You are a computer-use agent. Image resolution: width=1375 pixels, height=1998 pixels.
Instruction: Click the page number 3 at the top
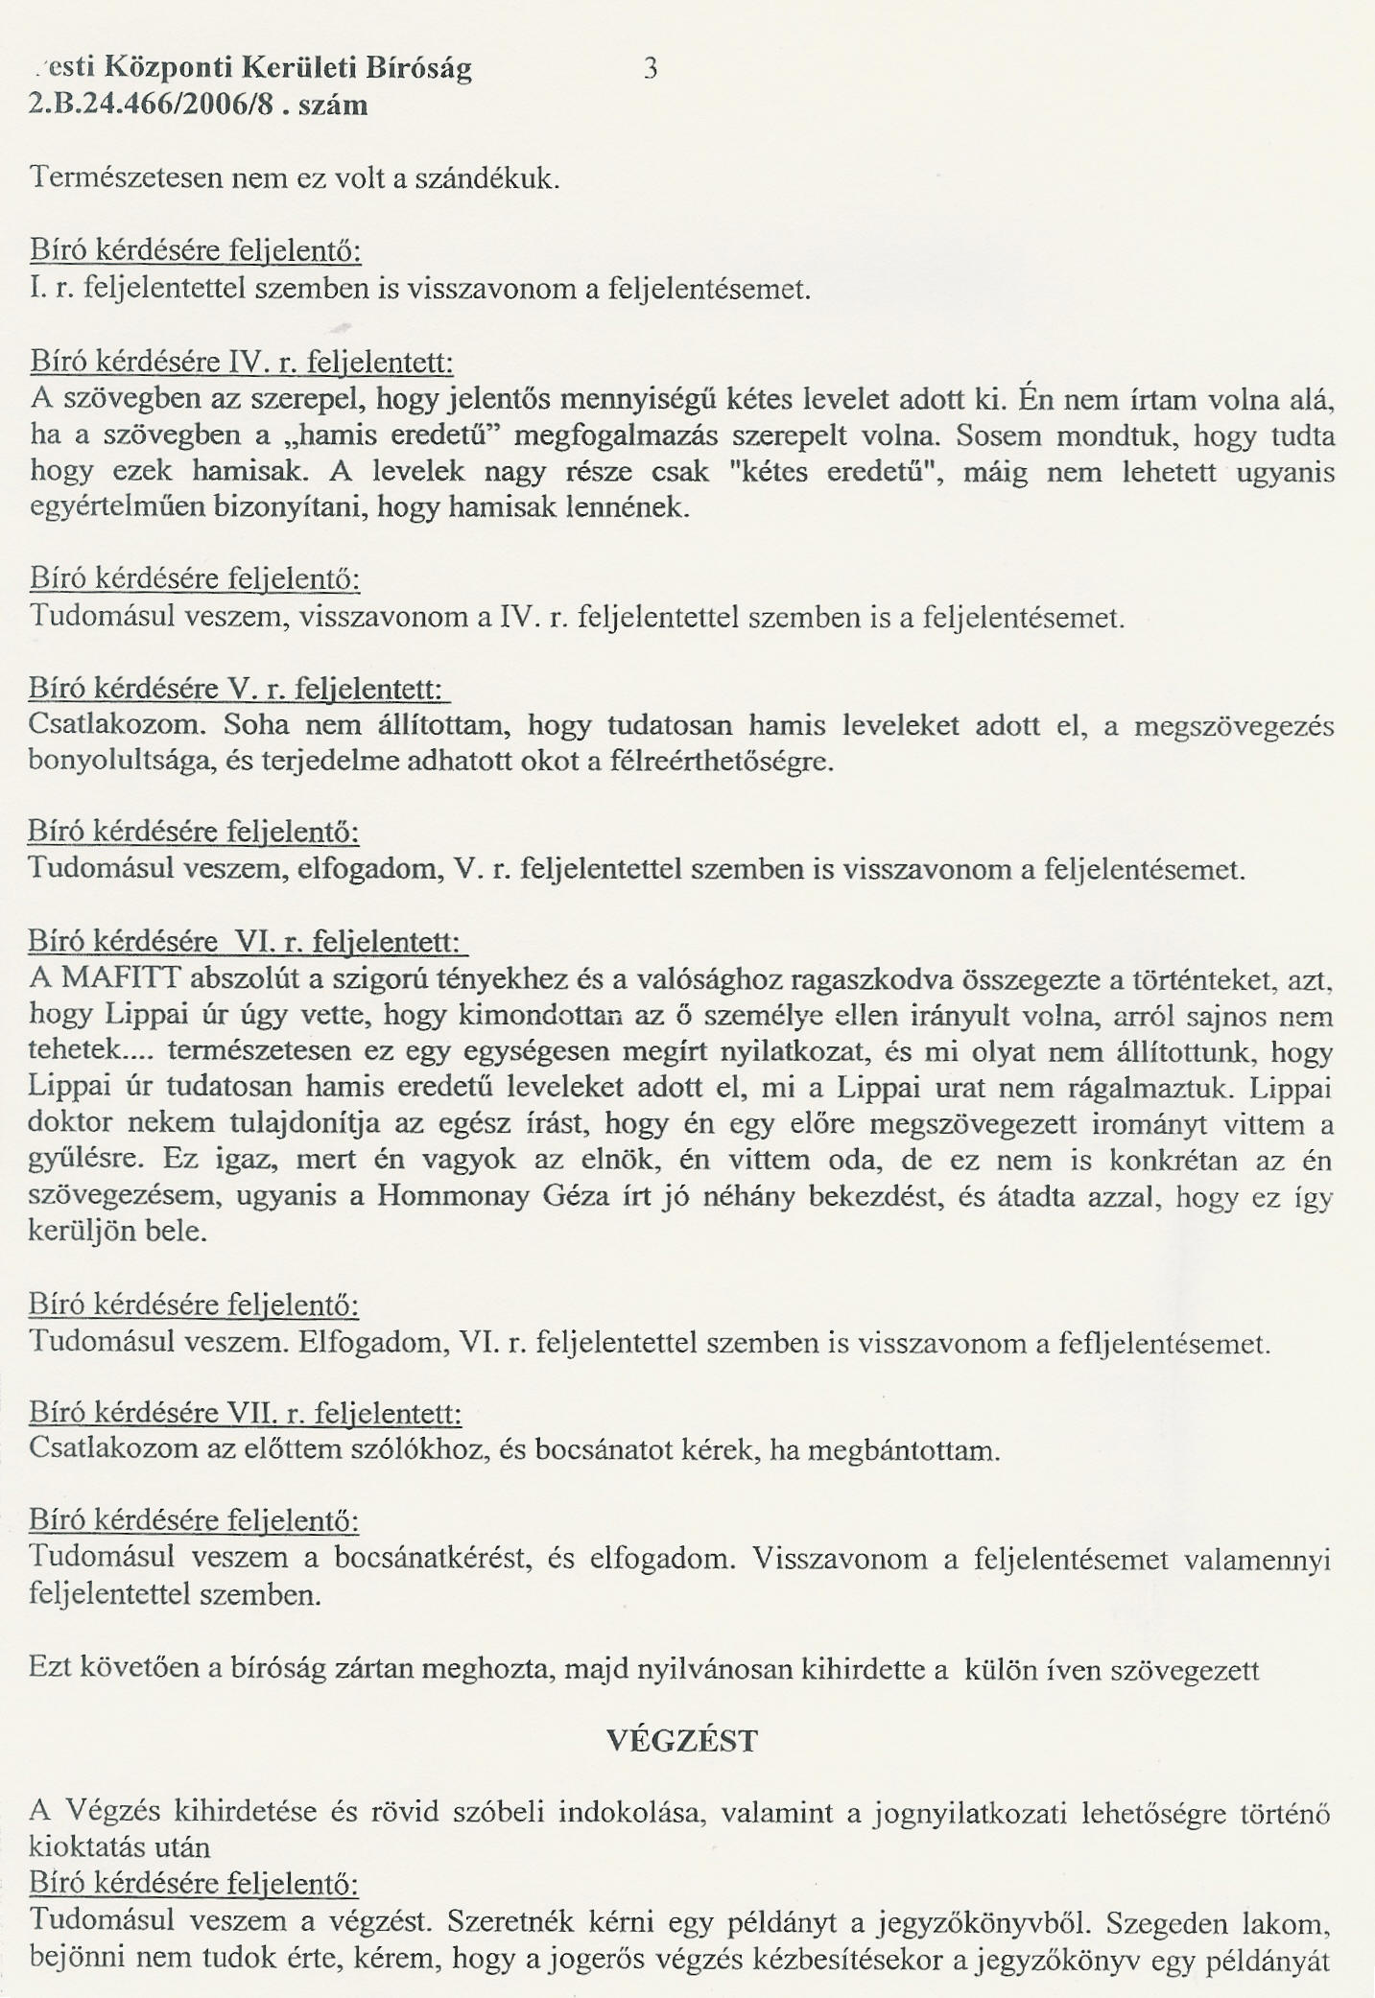(651, 69)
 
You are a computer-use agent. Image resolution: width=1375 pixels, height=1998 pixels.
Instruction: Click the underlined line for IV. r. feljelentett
(241, 363)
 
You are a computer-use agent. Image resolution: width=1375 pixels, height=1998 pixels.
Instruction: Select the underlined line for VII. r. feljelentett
(245, 1412)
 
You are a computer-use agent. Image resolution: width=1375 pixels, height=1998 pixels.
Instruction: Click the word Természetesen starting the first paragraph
(123, 178)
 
